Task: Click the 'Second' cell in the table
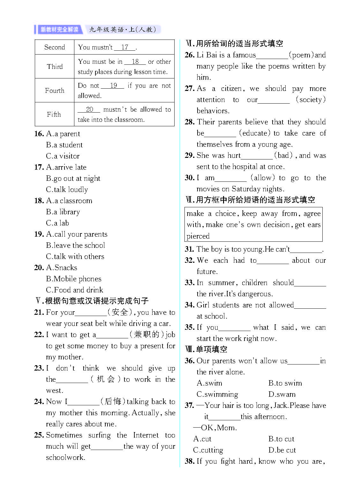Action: [55, 47]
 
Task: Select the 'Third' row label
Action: [55, 67]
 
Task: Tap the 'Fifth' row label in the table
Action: [54, 114]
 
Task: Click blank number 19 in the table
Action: [113, 85]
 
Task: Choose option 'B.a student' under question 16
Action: [64, 145]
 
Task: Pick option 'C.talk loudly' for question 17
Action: [67, 189]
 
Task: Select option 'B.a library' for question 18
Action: [63, 212]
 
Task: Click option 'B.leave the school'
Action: [75, 245]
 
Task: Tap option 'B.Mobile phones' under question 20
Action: [73, 279]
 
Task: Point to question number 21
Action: [39, 312]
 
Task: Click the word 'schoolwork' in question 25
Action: [65, 457]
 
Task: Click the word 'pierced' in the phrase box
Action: [198, 236]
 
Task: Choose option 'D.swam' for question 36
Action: [282, 394]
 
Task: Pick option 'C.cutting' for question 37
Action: [208, 450]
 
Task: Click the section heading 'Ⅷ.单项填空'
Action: [206, 349]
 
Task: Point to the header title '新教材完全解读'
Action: [59, 30]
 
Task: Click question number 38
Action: [189, 461]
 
